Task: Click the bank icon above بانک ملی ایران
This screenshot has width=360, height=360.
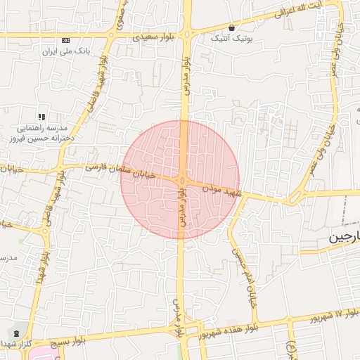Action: pyautogui.click(x=65, y=40)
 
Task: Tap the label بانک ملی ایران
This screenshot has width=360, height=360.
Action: pyautogui.click(x=67, y=52)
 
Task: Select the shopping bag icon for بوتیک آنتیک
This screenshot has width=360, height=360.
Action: pyautogui.click(x=231, y=28)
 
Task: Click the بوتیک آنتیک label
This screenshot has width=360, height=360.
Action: pyautogui.click(x=231, y=39)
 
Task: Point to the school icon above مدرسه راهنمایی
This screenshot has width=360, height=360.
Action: pyautogui.click(x=41, y=116)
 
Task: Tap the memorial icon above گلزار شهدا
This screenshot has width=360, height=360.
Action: pyautogui.click(x=15, y=332)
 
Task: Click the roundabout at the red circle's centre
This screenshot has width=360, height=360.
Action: pyautogui.click(x=181, y=181)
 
